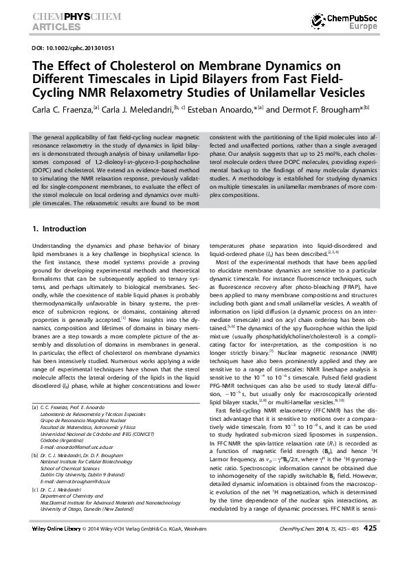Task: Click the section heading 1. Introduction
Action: pyautogui.click(x=58, y=227)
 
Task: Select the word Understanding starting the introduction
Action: pyautogui.click(x=54, y=245)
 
